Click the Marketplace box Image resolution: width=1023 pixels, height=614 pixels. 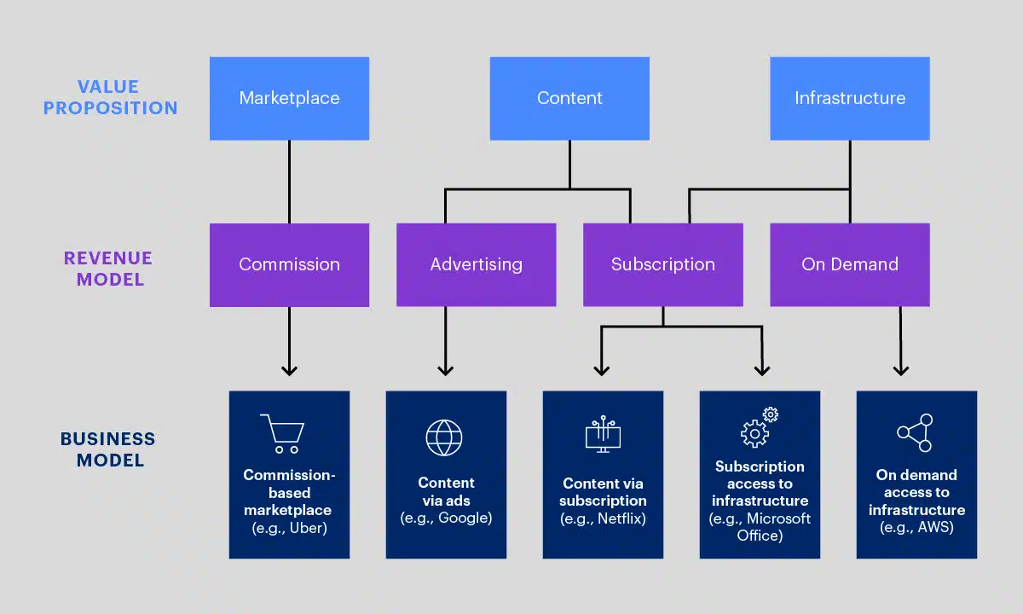[x=289, y=98]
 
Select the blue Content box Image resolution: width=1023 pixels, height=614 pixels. [x=569, y=98]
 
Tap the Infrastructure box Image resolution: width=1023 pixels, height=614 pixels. [x=849, y=98]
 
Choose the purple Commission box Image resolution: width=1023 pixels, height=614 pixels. [x=289, y=264]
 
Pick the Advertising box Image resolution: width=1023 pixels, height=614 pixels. [x=476, y=264]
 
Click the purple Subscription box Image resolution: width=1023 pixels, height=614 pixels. [x=662, y=264]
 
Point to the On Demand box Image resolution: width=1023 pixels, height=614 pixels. [x=849, y=264]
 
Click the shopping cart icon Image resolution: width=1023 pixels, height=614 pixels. [x=282, y=433]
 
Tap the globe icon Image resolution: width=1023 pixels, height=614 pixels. [x=444, y=437]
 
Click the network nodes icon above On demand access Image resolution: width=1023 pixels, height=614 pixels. [x=915, y=432]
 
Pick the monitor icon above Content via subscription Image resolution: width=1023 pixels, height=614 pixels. [x=603, y=435]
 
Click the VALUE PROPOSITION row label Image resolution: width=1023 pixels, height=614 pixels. [x=110, y=97]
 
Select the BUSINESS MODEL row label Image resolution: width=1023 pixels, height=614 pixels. [x=107, y=449]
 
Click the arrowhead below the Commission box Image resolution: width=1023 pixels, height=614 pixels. [x=289, y=370]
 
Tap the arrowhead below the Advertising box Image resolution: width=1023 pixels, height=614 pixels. [x=445, y=370]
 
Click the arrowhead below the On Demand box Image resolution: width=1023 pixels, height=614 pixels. [x=900, y=370]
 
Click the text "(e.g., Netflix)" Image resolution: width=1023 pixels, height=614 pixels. [x=603, y=518]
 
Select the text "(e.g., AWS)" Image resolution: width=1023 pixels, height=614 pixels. [x=916, y=527]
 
